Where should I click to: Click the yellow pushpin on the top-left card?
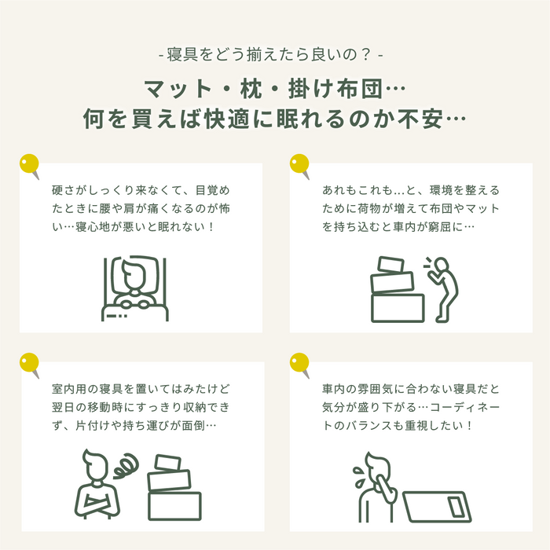29,164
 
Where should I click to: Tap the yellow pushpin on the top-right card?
299,164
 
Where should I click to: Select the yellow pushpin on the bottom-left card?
29,363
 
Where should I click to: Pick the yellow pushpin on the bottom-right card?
299,363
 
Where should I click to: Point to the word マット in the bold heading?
178,89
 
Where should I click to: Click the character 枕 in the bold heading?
251,89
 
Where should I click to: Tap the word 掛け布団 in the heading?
335,89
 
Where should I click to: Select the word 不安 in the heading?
421,119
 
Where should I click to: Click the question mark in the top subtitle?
365,55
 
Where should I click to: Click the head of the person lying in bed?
134,273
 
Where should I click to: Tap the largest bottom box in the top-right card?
398,308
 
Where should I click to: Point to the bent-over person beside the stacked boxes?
443,289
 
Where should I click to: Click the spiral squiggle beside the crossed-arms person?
126,465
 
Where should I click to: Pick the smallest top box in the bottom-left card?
168,463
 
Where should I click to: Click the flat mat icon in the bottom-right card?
437,507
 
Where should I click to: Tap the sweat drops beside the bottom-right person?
359,477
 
